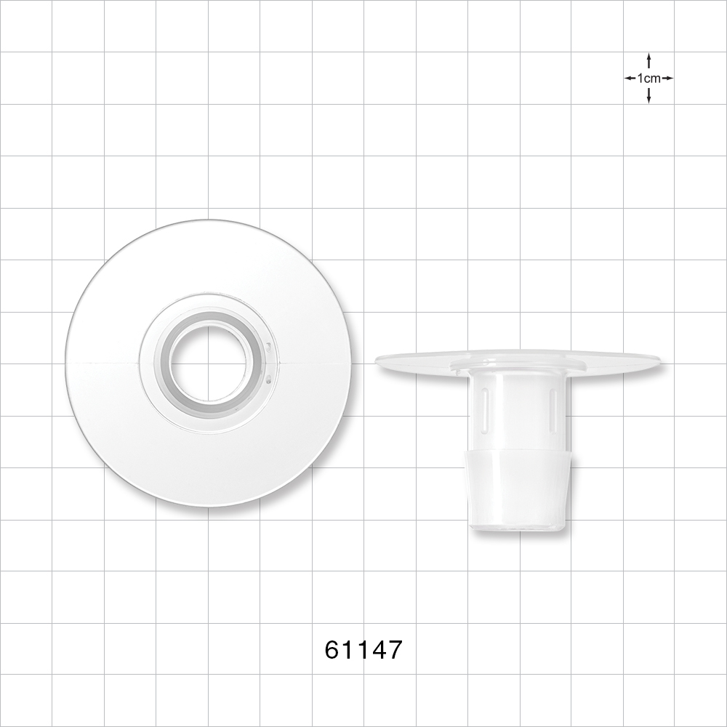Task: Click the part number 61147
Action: click(x=363, y=649)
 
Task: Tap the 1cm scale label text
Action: click(x=648, y=78)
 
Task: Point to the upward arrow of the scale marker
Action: click(x=648, y=59)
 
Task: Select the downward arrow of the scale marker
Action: click(x=648, y=97)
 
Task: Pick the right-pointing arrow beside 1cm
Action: click(x=668, y=78)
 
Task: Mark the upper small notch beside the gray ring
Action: click(x=268, y=348)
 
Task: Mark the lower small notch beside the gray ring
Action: click(x=268, y=378)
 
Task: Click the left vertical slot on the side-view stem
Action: click(x=483, y=409)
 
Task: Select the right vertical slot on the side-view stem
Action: click(x=553, y=409)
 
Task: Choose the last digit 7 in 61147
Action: click(x=393, y=649)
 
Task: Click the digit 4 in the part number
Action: click(x=378, y=649)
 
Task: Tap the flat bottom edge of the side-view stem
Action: click(x=518, y=529)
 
